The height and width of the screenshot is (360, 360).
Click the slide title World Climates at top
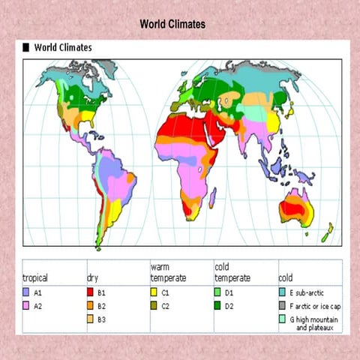click(172, 25)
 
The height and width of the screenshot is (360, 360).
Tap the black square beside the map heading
click(26, 47)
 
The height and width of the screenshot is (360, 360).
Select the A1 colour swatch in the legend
click(27, 291)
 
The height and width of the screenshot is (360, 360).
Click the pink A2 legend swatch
click(27, 305)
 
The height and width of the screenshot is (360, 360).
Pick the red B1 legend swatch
click(91, 291)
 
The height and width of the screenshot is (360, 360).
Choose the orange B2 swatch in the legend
click(91, 305)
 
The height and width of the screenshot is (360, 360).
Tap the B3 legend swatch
click(91, 319)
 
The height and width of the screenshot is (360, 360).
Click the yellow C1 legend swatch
click(154, 291)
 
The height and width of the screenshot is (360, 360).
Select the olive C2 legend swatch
click(154, 305)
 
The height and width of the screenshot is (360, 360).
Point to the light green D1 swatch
click(218, 291)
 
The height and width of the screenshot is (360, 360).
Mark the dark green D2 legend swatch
click(218, 305)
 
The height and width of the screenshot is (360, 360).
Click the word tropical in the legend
click(35, 277)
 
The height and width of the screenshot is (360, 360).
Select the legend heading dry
click(92, 277)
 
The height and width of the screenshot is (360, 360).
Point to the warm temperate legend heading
click(168, 271)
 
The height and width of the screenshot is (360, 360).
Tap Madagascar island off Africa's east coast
click(212, 197)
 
